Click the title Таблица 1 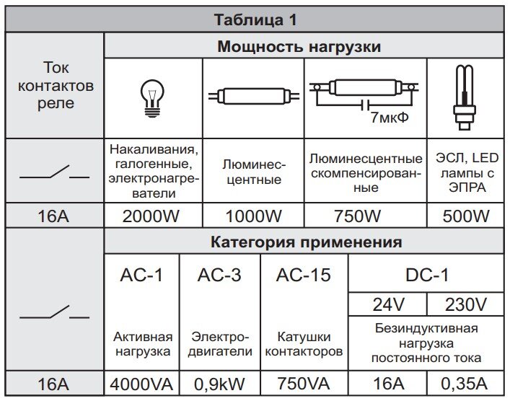255,19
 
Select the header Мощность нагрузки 299,47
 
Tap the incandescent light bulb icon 153,97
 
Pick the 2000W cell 152,216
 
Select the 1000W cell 253,216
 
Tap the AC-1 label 141,274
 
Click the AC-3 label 220,274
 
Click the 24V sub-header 387,304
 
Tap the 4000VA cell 141,385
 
